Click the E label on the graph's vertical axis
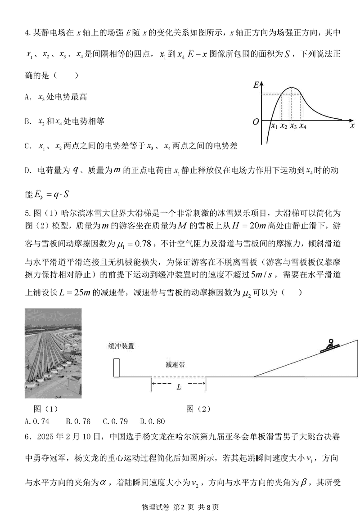tap(256, 85)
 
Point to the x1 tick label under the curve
tap(274, 127)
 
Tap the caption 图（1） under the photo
tap(46, 409)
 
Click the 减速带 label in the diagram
tap(175, 365)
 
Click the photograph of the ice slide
tap(53, 353)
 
